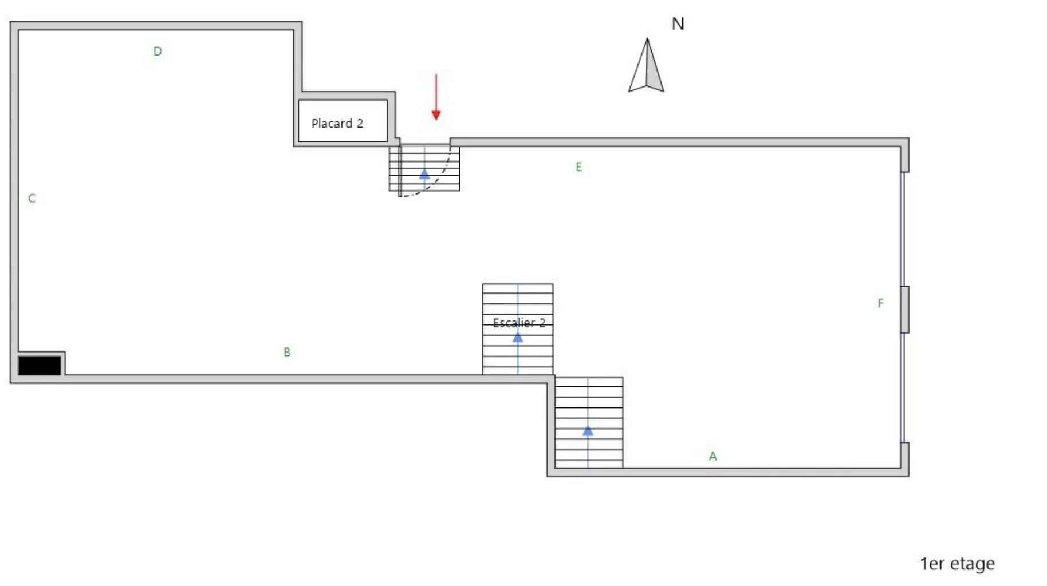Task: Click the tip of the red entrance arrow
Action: (x=436, y=120)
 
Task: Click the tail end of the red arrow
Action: (x=436, y=74)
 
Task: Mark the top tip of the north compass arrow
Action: (x=647, y=38)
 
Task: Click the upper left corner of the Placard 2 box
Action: (x=298, y=100)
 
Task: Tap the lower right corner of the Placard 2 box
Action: (x=388, y=142)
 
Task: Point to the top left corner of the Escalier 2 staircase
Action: (x=483, y=284)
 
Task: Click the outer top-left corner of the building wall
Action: (x=10, y=22)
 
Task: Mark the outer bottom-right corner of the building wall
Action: (x=909, y=476)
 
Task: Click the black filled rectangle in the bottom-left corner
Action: (x=40, y=366)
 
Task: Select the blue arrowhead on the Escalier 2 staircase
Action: (x=518, y=338)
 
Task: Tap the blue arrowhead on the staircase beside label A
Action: (x=588, y=430)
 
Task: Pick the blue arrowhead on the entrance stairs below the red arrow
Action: (x=424, y=173)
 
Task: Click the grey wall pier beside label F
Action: (x=904, y=310)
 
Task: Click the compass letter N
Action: (x=678, y=23)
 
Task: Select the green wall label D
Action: (x=158, y=52)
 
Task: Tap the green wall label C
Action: (x=32, y=198)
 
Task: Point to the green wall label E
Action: (x=579, y=167)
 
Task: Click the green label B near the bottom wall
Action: (x=287, y=352)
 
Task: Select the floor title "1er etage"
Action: (x=957, y=564)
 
